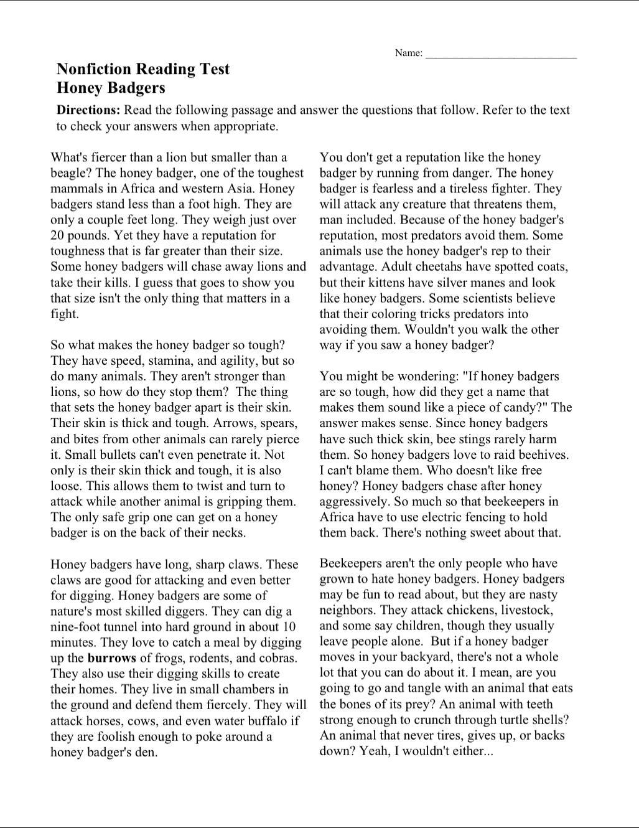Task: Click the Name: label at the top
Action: pyautogui.click(x=409, y=54)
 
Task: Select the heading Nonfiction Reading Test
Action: pyautogui.click(x=143, y=69)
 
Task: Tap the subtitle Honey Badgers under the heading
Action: pyautogui.click(x=111, y=88)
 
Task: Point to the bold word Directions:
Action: pyautogui.click(x=88, y=110)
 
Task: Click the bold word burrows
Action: pyautogui.click(x=112, y=658)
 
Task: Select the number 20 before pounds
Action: pyautogui.click(x=58, y=235)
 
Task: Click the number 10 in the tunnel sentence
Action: pyautogui.click(x=289, y=627)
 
